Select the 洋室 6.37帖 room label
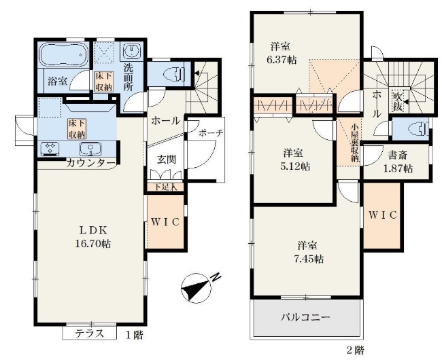282,54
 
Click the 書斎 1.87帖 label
396,162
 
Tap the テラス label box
89,333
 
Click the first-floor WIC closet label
164,222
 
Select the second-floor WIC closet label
383,215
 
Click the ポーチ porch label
210,134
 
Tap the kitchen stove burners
52,147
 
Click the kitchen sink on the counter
88,148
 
